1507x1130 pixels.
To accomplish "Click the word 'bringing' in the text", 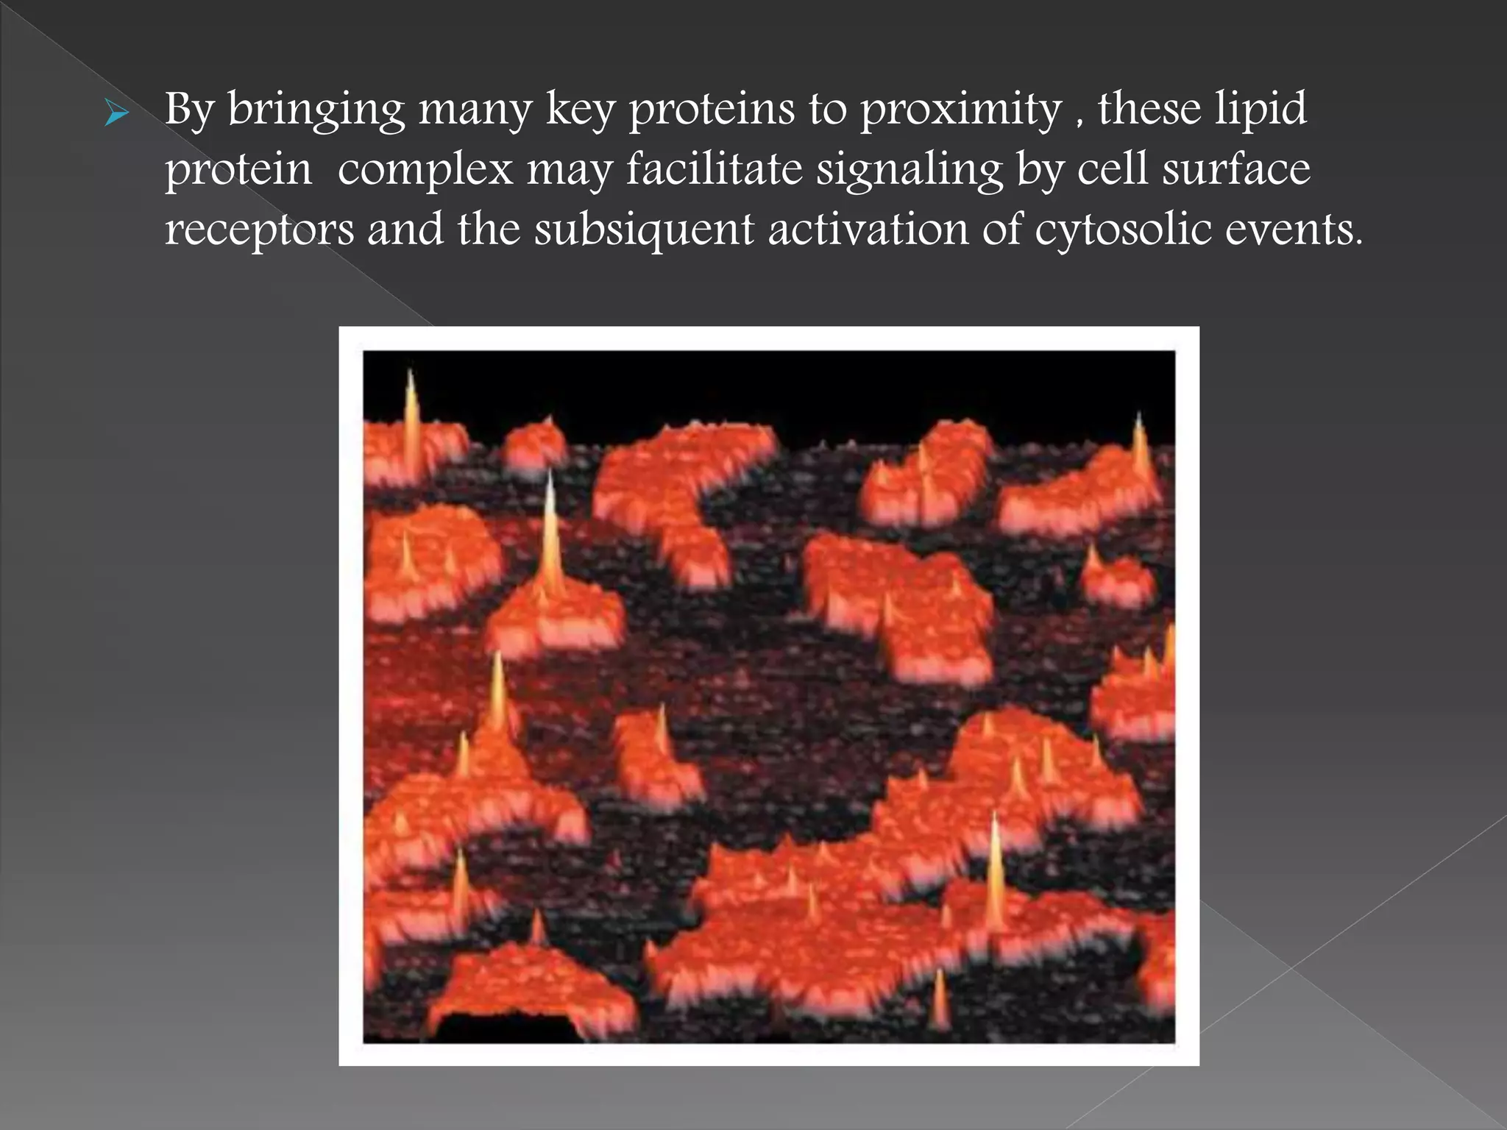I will coord(316,110).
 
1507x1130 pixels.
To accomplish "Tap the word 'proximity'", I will coord(960,110).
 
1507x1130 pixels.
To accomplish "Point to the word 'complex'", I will coord(425,171).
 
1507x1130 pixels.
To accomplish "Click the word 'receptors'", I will coord(259,230).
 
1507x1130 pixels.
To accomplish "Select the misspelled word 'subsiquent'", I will coord(644,230).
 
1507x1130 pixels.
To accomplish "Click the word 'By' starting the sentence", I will coord(189,110).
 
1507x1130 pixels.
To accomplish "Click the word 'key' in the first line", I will coord(580,110).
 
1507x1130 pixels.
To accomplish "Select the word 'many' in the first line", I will coord(475,110).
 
